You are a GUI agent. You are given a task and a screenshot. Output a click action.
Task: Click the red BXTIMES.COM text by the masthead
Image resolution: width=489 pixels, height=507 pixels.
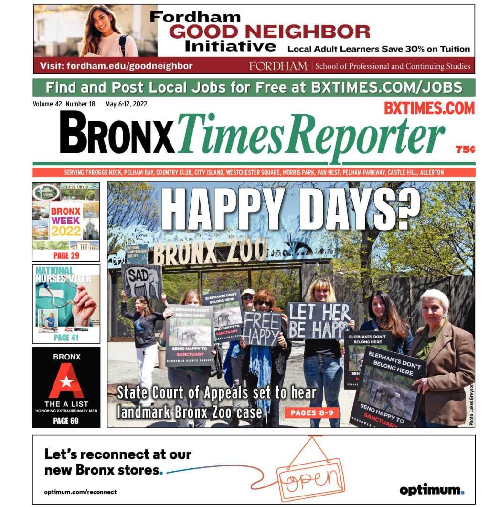(x=429, y=108)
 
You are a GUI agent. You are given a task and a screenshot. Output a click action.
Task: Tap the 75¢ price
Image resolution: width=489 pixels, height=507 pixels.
(x=465, y=149)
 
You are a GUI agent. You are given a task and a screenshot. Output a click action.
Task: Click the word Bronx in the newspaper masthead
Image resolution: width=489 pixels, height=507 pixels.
(x=117, y=132)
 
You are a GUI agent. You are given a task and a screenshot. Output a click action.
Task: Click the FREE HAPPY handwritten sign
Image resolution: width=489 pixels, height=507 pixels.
(x=262, y=328)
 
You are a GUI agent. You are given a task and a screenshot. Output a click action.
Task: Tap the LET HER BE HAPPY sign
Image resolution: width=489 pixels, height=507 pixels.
(x=319, y=320)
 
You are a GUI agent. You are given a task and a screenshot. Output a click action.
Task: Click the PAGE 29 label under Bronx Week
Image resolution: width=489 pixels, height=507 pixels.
(x=66, y=256)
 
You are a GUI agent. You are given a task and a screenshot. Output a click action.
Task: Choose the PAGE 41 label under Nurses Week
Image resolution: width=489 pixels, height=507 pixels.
(x=66, y=338)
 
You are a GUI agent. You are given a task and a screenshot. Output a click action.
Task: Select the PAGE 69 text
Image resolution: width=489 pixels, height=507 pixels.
(x=66, y=421)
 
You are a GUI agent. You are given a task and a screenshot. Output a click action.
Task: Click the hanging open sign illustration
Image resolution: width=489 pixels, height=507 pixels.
(x=310, y=477)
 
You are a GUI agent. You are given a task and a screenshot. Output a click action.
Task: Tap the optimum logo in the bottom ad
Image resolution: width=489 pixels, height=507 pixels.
(x=432, y=490)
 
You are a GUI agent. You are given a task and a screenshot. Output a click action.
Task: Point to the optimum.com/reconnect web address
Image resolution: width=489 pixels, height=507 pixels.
(x=80, y=492)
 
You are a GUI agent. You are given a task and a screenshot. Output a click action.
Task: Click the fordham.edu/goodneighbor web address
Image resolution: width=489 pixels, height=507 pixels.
(x=116, y=66)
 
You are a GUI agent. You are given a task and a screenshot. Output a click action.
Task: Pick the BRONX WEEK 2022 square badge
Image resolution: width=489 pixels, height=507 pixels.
(x=66, y=221)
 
